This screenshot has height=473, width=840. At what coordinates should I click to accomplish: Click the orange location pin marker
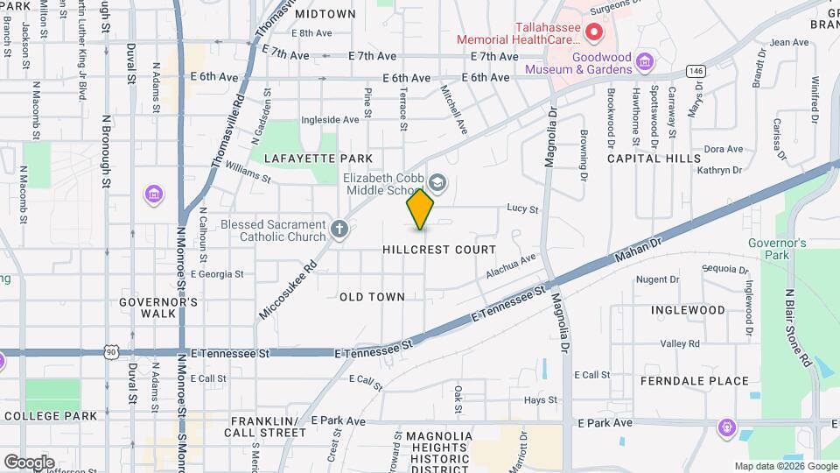click(x=420, y=209)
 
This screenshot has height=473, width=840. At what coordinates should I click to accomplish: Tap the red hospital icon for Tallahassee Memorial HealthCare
click(x=594, y=34)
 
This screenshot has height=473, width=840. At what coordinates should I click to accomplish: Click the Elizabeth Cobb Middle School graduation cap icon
click(x=437, y=183)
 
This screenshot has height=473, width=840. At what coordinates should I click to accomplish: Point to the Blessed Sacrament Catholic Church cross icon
click(x=339, y=230)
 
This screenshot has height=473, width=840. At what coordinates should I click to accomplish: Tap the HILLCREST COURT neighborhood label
click(x=439, y=250)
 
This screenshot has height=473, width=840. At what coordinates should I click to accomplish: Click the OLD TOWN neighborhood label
click(x=372, y=297)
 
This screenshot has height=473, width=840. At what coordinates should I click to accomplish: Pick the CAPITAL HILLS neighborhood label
click(x=654, y=159)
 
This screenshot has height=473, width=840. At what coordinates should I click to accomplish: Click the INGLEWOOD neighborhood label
click(x=688, y=310)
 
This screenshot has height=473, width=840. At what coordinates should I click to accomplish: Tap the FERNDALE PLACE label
click(x=695, y=381)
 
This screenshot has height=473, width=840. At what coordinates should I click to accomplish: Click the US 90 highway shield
click(x=110, y=350)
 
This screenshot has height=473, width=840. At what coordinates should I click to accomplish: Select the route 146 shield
click(x=696, y=70)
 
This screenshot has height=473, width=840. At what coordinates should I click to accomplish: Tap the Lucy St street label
click(x=521, y=208)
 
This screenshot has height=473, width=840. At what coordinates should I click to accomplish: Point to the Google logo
click(x=29, y=462)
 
